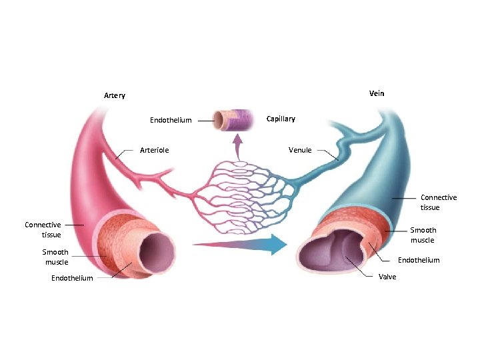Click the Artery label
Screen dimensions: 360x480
pos(115,95)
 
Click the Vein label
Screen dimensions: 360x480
pos(377,93)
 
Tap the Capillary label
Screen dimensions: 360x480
pos(281,119)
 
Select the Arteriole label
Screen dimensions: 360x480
pos(154,150)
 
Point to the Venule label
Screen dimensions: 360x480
pos(300,150)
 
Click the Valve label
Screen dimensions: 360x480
pos(387,277)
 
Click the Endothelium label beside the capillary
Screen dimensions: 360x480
pos(171,121)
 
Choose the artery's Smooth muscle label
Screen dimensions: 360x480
pos(55,257)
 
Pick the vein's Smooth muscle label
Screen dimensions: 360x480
pos(423,235)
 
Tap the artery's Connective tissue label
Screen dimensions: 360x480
pos(43,229)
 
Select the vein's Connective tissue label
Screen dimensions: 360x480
pos(439,202)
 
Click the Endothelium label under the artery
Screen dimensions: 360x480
pos(72,279)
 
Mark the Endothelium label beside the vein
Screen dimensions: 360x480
pos(419,260)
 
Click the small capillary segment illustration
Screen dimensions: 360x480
pos(237,121)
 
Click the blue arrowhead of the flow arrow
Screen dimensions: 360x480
pos(278,245)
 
